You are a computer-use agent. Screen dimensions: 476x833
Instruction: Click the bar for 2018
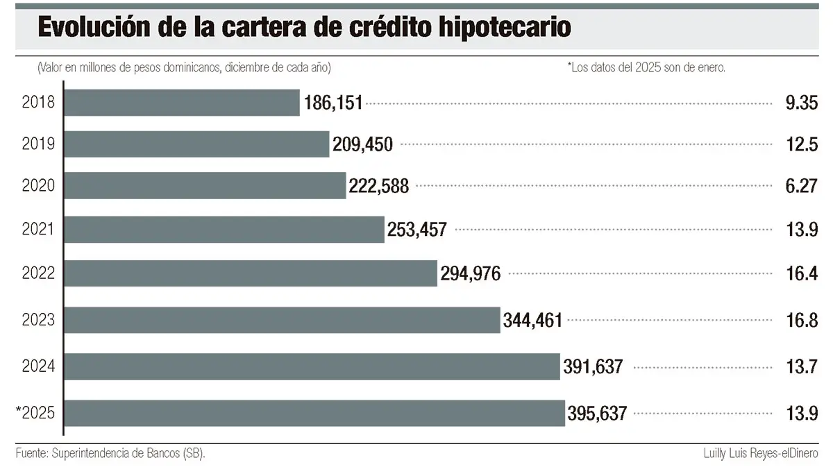pyautogui.click(x=182, y=102)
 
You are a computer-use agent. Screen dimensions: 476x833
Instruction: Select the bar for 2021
pyautogui.click(x=224, y=229)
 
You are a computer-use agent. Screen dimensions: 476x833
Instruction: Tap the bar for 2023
pyautogui.click(x=282, y=320)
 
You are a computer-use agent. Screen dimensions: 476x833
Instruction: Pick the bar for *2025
pyautogui.click(x=314, y=413)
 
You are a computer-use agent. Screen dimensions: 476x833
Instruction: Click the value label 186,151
pyautogui.click(x=333, y=103)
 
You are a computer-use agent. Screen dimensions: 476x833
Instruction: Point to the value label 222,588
pyautogui.click(x=379, y=186)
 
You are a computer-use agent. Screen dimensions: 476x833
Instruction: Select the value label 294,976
pyautogui.click(x=470, y=274)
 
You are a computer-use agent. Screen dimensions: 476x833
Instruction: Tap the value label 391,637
pyautogui.click(x=592, y=367)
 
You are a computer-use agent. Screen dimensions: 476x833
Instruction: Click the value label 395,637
pyautogui.click(x=597, y=414)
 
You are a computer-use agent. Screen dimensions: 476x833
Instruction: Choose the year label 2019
pyautogui.click(x=39, y=144)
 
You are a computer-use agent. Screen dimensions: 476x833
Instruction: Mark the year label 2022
pyautogui.click(x=39, y=273)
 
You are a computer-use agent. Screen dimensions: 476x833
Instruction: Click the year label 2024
pyautogui.click(x=39, y=366)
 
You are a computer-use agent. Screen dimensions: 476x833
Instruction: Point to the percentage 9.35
pyautogui.click(x=800, y=103)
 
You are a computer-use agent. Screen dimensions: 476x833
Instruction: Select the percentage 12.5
pyautogui.click(x=802, y=145)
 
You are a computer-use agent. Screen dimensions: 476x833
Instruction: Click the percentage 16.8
pyautogui.click(x=801, y=321)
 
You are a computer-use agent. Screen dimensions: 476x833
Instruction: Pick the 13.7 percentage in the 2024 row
pyautogui.click(x=801, y=367)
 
